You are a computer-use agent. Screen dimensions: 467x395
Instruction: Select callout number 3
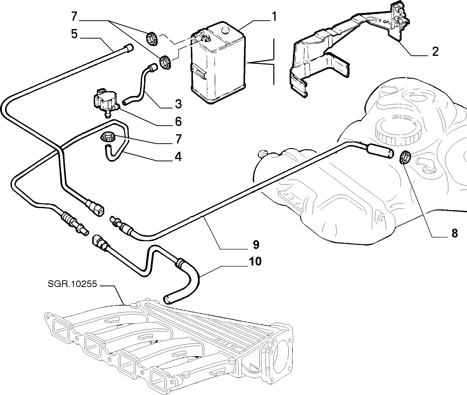[178, 104]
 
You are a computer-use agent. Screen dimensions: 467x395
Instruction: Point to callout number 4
[178, 157]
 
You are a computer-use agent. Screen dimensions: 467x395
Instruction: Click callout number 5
[74, 34]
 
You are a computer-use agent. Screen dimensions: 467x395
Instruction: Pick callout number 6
[178, 121]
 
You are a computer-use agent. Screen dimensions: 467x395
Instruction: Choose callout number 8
[454, 233]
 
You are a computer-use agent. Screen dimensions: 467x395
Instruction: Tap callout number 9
[256, 244]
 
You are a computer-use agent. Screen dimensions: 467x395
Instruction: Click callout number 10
[255, 261]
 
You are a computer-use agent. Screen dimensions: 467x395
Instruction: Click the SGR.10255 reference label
[72, 284]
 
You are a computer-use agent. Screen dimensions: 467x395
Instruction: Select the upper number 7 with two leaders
[74, 17]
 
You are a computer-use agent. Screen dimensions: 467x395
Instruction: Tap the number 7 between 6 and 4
[178, 139]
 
